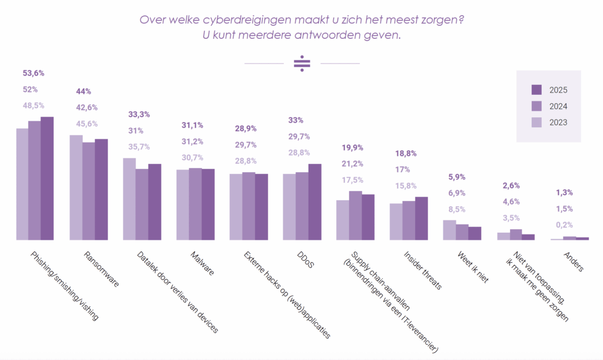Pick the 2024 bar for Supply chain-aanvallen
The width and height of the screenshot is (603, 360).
click(355, 215)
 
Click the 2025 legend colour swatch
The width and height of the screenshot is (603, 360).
click(536, 90)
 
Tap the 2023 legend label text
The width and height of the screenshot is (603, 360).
click(559, 123)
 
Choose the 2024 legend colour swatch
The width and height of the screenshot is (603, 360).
click(536, 106)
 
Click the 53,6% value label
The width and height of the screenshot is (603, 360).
click(34, 73)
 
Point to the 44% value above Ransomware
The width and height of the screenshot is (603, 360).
click(84, 91)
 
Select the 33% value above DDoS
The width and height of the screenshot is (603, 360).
click(296, 120)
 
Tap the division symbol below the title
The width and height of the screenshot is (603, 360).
click(301, 64)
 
